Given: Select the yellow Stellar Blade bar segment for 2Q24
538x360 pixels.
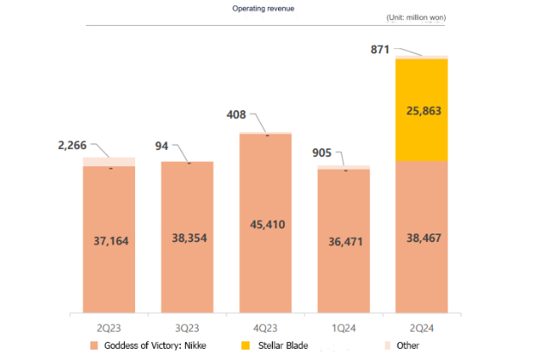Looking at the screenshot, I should point(422,110).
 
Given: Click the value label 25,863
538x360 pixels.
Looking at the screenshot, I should point(422,111).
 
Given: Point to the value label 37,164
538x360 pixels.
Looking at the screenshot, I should point(109,240).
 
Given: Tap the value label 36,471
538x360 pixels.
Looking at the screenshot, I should point(343,242).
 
